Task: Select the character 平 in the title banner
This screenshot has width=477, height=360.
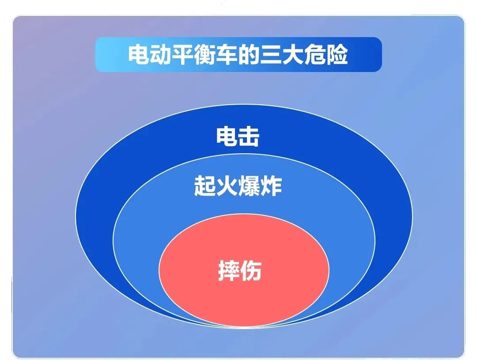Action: (184, 55)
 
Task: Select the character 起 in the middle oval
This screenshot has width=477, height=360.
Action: (205, 186)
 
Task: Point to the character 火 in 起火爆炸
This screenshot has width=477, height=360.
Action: (227, 186)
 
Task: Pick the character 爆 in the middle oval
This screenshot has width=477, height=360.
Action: (249, 186)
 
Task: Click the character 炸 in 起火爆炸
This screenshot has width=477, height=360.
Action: (271, 186)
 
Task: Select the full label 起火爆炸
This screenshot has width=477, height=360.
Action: (238, 186)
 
